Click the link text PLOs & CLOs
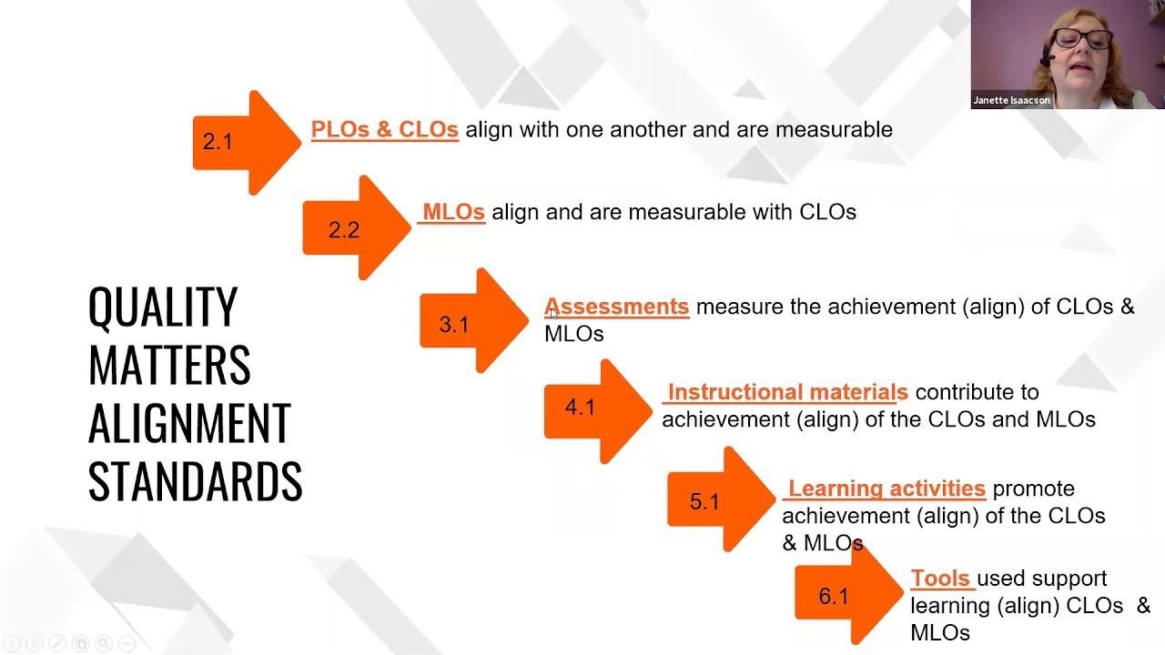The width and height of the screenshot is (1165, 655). click(384, 130)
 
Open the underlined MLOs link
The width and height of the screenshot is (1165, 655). click(453, 212)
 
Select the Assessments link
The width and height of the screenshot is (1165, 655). click(616, 307)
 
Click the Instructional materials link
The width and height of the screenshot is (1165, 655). click(787, 392)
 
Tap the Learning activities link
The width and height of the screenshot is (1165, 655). click(886, 489)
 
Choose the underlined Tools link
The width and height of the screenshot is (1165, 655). click(940, 579)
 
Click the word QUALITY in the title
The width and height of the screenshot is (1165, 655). click(163, 307)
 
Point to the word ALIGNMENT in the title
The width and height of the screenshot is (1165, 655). click(189, 423)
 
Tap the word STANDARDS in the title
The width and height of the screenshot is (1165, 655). click(195, 481)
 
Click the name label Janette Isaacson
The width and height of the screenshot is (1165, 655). click(1011, 100)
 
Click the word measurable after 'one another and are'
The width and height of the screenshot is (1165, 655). click(834, 130)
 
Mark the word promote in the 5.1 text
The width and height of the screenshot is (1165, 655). click(1033, 489)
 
